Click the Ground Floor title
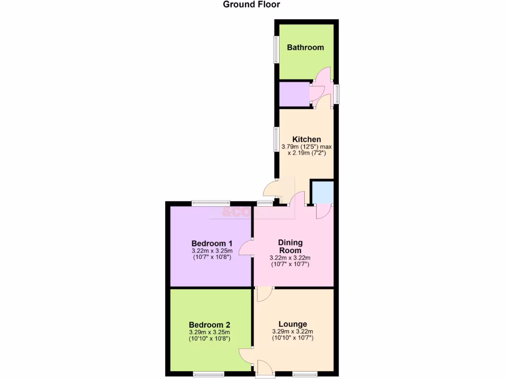point(252,5)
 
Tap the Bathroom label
point(305,48)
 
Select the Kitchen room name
point(306,140)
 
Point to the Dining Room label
point(290,246)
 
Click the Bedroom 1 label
point(212,243)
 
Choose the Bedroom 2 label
point(210,325)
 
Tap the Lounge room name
point(292,324)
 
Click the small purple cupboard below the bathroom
point(294,94)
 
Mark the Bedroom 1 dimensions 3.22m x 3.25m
point(212,251)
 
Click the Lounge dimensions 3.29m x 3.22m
point(292,332)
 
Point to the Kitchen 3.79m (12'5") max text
point(306,147)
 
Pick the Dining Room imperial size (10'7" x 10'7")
point(290,265)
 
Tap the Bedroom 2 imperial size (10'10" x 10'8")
point(210,339)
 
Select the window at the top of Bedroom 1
point(211,203)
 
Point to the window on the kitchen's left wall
point(277,139)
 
